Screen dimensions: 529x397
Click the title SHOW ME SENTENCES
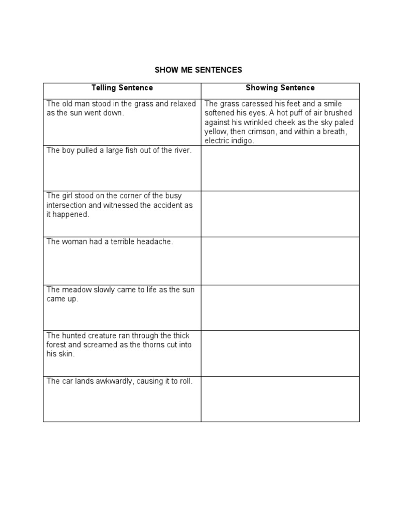(198, 70)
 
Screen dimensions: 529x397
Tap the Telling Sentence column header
(122, 88)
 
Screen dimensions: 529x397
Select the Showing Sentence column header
(280, 88)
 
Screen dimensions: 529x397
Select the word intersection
(67, 205)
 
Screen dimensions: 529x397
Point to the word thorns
(146, 345)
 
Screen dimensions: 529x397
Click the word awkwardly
(112, 381)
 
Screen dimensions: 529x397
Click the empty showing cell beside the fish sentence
(280, 168)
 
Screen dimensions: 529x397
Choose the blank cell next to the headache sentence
(280, 260)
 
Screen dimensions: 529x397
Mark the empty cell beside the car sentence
(280, 399)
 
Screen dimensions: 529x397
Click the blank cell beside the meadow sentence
(280, 307)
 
